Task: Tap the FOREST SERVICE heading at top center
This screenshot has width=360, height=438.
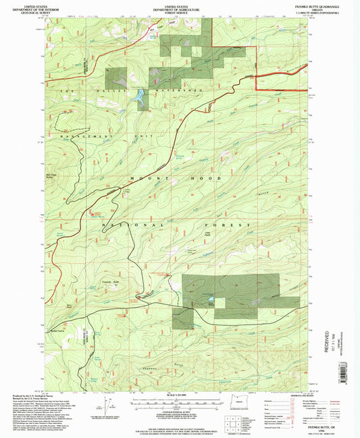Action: click(x=180, y=12)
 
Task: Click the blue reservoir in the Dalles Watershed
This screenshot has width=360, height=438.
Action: click(x=140, y=98)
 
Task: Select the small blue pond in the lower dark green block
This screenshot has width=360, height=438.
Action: click(x=213, y=297)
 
